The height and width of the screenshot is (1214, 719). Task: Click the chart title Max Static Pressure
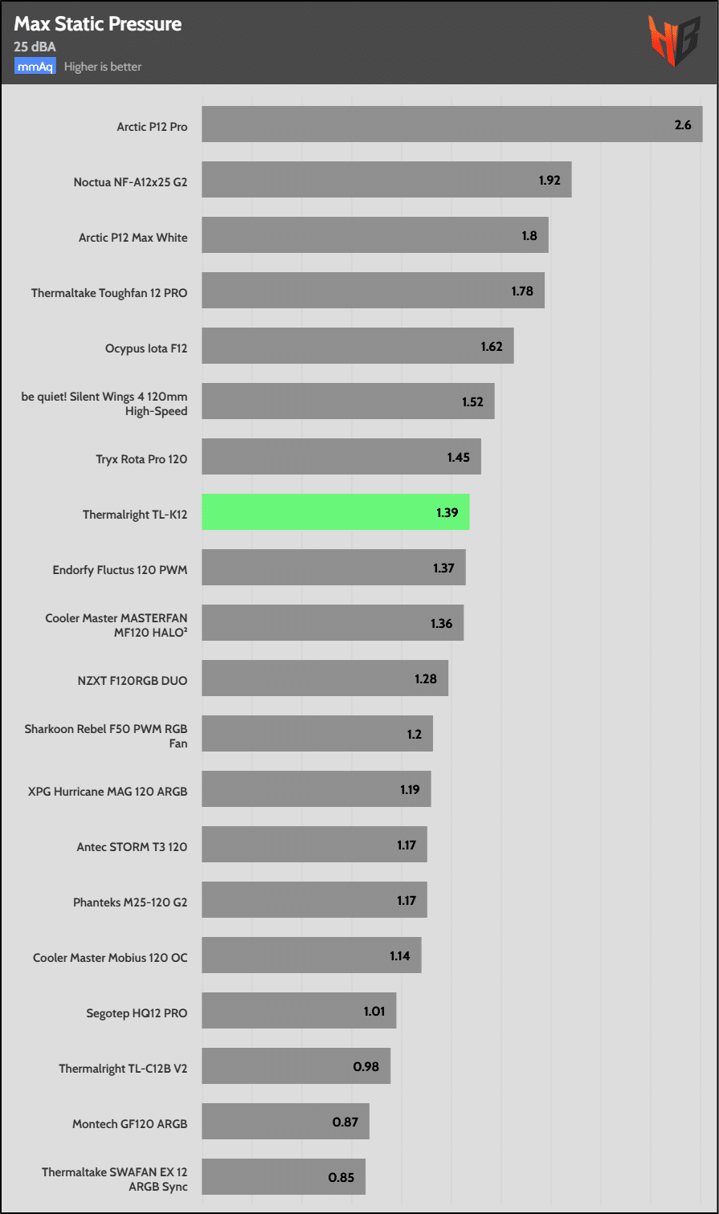pos(97,25)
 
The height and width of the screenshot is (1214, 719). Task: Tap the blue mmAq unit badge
pos(35,67)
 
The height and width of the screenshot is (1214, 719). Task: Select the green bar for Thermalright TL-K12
pos(335,511)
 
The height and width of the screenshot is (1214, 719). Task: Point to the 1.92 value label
pos(549,180)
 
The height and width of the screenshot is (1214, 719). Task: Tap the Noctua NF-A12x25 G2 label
pos(130,182)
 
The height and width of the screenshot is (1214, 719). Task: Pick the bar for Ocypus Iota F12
pos(357,346)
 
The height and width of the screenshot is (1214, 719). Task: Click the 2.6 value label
pos(683,124)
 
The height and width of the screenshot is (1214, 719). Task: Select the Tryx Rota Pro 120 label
pos(141,460)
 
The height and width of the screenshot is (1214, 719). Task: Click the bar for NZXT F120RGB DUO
pos(325,678)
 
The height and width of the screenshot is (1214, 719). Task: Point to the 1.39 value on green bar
pos(447,512)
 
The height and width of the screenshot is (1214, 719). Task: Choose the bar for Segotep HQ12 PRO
pos(299,1011)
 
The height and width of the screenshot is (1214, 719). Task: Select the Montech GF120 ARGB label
pos(129,1124)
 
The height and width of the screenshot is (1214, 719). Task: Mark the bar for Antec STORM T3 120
pos(314,845)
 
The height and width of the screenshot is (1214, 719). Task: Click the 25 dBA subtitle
pos(35,47)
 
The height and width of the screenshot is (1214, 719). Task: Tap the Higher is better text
pos(103,67)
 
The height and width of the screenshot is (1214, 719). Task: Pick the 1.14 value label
pos(400,956)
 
